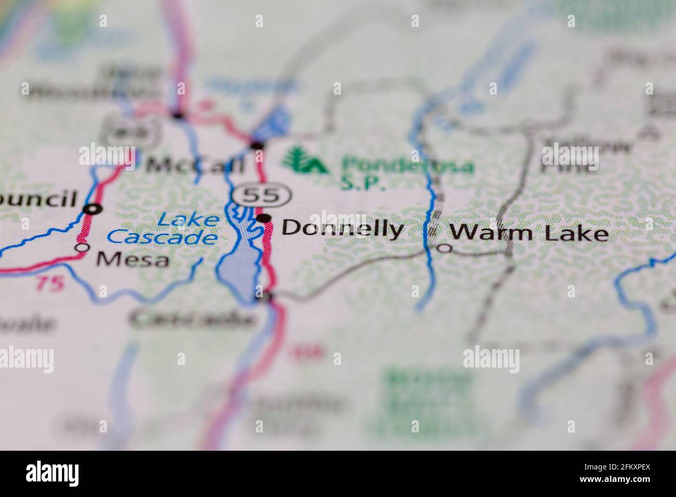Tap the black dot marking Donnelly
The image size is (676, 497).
(264, 218)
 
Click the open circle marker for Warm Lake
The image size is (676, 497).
(444, 248)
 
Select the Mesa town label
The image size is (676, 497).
(133, 258)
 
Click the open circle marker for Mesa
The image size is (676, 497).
(82, 248)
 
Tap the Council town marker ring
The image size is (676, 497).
(94, 209)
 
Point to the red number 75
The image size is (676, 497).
(50, 283)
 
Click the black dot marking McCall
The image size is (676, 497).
(257, 145)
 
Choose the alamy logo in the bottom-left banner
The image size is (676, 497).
(53, 473)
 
